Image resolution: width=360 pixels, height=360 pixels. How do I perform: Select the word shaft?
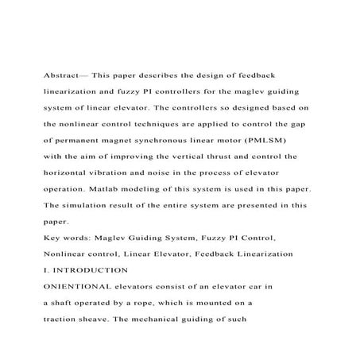point(61,303)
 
